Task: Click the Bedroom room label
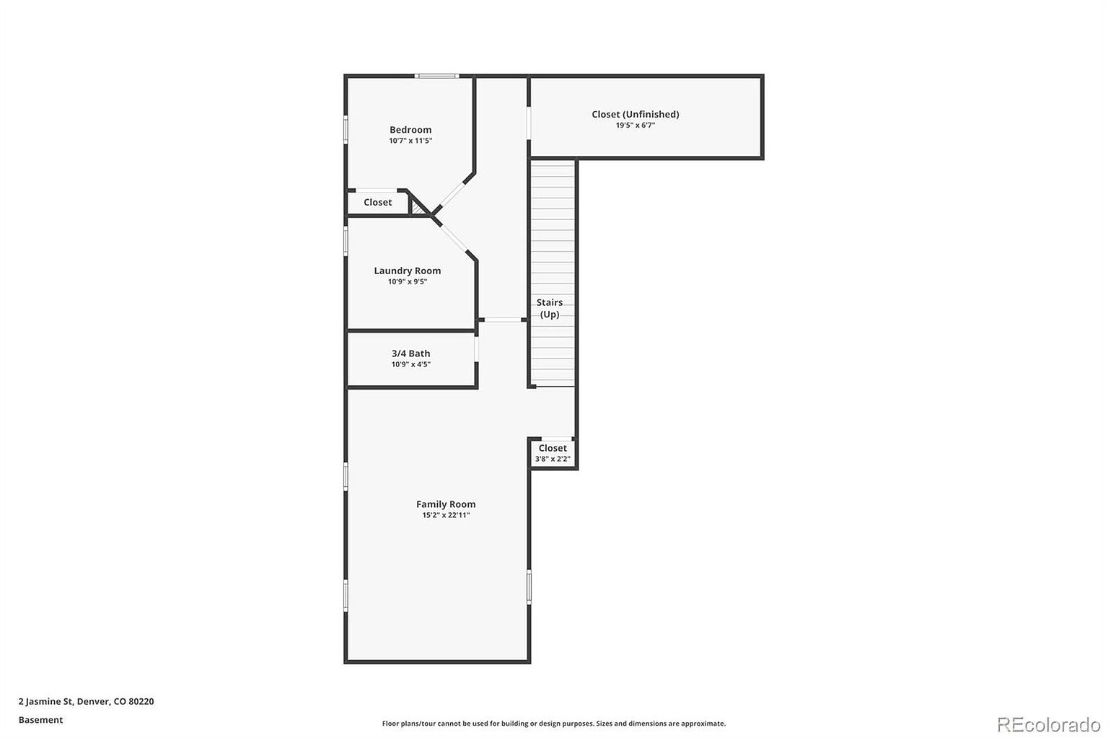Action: (410, 130)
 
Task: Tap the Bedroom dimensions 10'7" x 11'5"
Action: (410, 141)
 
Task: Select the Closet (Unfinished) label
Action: (635, 114)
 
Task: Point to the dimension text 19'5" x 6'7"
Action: (635, 126)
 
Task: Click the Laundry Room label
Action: (407, 271)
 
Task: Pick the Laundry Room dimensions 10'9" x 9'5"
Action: (407, 282)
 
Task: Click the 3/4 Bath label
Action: (410, 353)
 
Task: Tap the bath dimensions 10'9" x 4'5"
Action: (410, 365)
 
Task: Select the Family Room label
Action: (446, 504)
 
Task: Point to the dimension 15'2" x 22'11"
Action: (446, 515)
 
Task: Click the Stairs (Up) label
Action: (550, 308)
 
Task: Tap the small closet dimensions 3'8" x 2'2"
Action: (553, 459)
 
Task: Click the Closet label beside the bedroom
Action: (377, 203)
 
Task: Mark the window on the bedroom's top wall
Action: (436, 76)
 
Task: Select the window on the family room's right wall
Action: (529, 587)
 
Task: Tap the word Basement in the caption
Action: (40, 720)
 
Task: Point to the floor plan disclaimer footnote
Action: (553, 724)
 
